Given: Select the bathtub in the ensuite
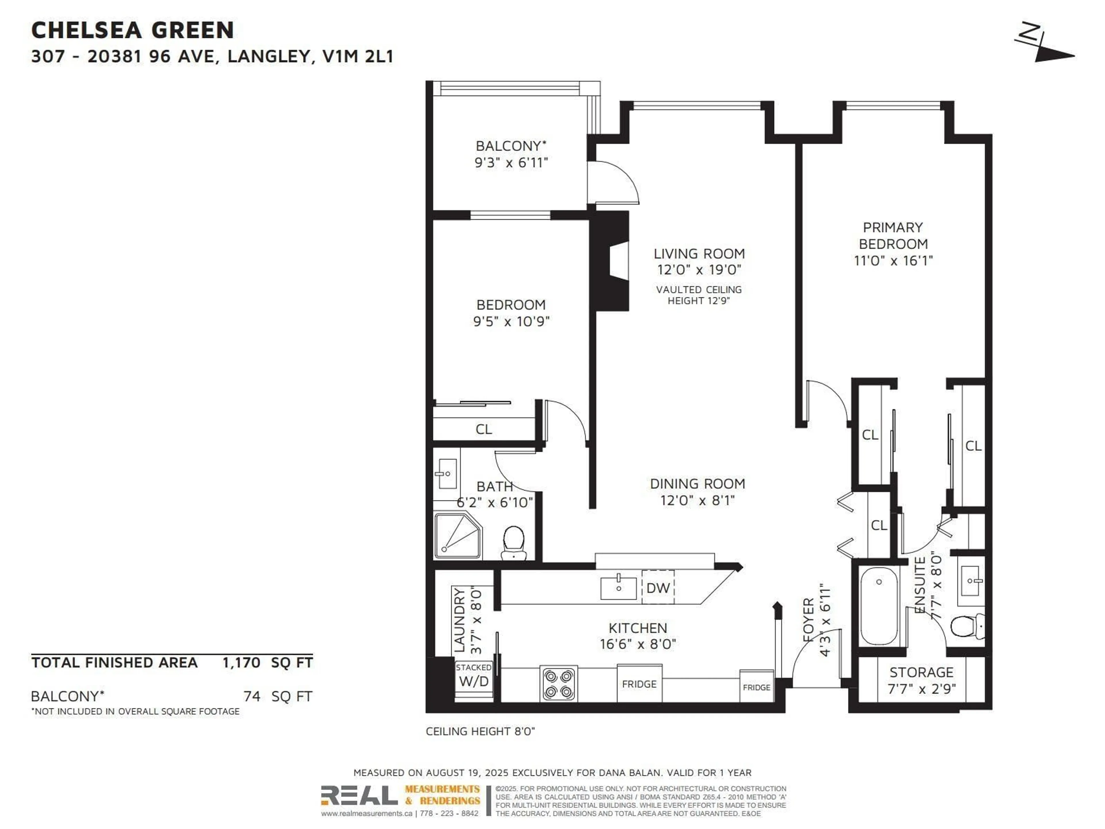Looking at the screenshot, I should click(x=879, y=606).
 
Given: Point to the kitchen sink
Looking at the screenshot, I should click(x=618, y=588).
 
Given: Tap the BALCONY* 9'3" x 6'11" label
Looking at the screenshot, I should click(x=511, y=154).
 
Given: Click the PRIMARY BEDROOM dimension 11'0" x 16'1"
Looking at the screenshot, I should click(x=893, y=260).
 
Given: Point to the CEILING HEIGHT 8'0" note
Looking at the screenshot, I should click(x=480, y=731).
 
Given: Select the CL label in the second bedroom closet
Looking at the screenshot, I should click(x=483, y=429).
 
